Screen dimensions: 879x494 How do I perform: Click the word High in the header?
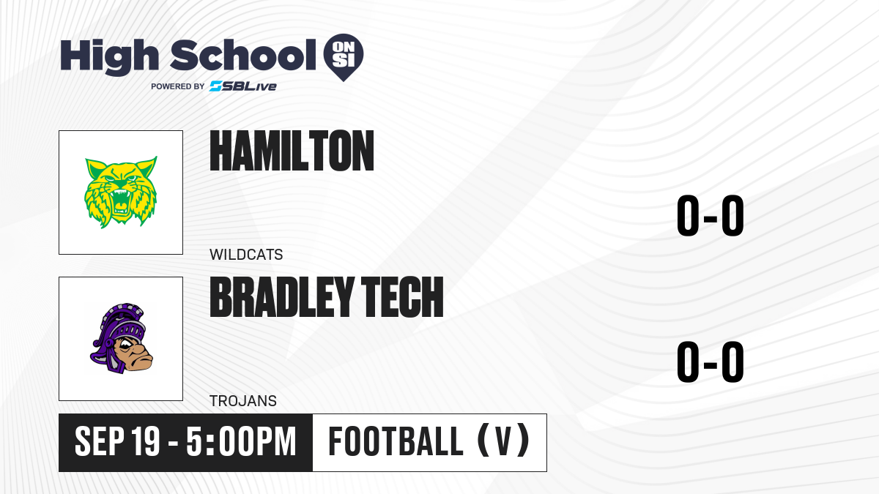(x=110, y=57)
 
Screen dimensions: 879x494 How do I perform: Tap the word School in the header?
(x=243, y=55)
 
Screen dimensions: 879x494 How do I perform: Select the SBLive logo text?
(x=243, y=86)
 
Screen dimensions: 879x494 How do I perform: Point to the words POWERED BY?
(x=178, y=86)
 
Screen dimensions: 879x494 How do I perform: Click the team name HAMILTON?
(x=292, y=151)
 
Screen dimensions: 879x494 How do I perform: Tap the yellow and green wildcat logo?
(x=121, y=192)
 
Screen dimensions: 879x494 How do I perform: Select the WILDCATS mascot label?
(x=246, y=255)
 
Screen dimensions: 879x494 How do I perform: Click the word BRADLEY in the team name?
(x=282, y=297)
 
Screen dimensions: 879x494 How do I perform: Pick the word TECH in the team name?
(x=402, y=297)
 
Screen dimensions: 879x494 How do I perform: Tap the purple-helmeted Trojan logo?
(x=122, y=338)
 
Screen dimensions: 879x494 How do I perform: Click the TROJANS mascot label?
(x=243, y=401)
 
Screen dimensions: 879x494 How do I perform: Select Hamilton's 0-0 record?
(x=711, y=216)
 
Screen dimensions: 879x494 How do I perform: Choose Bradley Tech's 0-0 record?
(x=711, y=362)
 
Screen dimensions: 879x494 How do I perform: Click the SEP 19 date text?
(x=117, y=441)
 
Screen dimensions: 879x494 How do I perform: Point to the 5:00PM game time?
(x=241, y=441)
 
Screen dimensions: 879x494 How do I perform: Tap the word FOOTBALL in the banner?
(x=396, y=441)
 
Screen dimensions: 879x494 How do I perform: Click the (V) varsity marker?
(x=503, y=441)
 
